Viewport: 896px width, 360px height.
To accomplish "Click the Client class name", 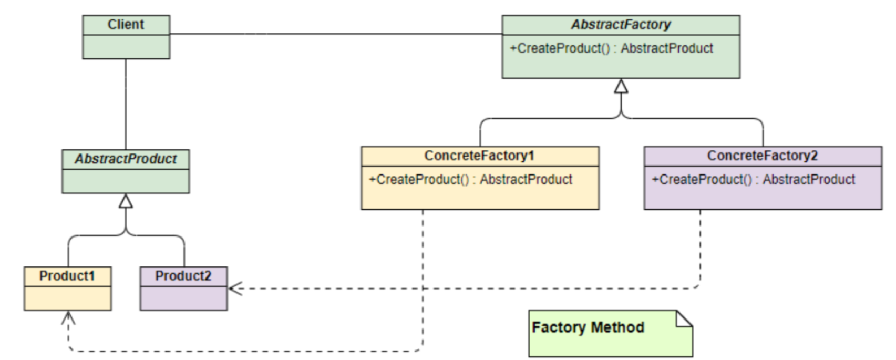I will pos(126,25).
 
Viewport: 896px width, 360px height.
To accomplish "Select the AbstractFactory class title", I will pos(621,25).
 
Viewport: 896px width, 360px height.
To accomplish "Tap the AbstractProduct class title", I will pos(126,159).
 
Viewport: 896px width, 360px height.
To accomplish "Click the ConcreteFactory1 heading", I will pos(479,156).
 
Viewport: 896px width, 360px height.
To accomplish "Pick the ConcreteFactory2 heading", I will pos(763,156).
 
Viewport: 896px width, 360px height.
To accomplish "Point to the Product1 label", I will pos(67,276).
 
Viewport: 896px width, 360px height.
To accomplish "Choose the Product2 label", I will pos(183,276).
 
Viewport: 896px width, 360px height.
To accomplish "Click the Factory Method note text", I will pos(588,327).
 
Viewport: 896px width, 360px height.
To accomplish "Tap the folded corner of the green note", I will pos(684,318).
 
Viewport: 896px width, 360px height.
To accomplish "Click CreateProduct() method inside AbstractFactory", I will pos(611,48).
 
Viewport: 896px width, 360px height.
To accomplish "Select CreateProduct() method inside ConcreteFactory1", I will pos(470,180).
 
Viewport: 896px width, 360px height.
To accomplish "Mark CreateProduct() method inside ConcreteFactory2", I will pos(753,180).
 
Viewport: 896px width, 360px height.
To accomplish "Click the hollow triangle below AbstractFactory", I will pos(621,86).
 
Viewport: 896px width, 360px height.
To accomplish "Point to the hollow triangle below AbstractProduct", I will pos(126,201).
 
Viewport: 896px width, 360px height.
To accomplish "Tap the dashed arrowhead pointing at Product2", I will pos(234,289).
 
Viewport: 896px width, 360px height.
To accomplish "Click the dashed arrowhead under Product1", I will pos(68,317).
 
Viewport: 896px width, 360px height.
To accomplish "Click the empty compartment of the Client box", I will pos(126,46).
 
